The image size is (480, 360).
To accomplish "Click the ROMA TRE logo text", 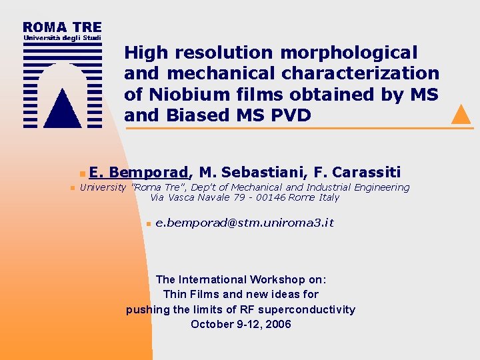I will coord(62,27).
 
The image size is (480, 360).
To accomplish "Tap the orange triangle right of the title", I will coord(461,115).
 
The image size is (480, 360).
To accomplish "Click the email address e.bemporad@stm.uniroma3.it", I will coord(244,223).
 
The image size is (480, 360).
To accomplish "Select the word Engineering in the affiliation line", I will coord(381,187).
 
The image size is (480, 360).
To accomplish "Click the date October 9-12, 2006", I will coord(241,325).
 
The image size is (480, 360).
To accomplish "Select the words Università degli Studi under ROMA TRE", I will coord(62,39).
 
